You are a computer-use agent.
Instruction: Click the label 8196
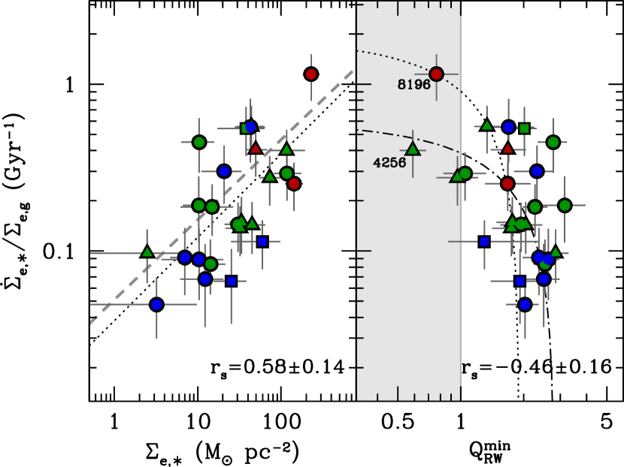tap(413, 85)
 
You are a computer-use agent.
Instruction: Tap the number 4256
tap(389, 163)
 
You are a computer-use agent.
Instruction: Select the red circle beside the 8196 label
tap(436, 74)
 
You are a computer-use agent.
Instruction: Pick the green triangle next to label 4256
tap(412, 149)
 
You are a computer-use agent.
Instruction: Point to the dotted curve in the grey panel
tap(391, 57)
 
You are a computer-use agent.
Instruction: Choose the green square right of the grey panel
tap(524, 128)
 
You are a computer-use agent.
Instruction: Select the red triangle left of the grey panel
tap(256, 149)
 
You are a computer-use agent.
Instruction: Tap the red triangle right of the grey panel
tap(507, 149)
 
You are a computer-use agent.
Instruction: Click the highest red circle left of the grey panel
tap(310, 74)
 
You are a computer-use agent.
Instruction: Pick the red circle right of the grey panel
tap(507, 183)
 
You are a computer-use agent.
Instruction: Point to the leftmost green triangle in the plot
tap(147, 252)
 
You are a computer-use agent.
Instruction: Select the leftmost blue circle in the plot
tap(156, 304)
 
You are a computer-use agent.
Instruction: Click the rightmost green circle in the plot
tap(565, 205)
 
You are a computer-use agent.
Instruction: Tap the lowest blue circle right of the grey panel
tap(525, 304)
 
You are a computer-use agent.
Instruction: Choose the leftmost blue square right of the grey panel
tap(484, 241)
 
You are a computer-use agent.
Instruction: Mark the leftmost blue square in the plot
tap(231, 281)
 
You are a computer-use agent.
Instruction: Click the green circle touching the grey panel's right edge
tap(465, 173)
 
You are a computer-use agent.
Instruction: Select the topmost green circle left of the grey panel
tap(198, 142)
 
